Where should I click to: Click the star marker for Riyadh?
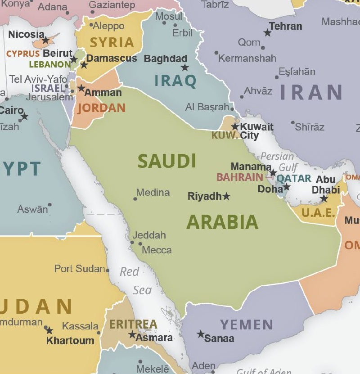pos(226,196)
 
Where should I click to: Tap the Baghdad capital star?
pos(185,68)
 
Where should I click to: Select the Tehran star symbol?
pos(268,33)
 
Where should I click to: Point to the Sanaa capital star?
pos(200,334)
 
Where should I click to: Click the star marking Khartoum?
pos(49,330)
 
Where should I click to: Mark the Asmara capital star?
pos(132,335)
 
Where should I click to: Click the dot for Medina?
pos(135,198)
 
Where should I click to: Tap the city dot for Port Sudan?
pos(108,270)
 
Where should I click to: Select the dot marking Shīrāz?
pos(293,122)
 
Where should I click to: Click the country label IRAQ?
pos(175,81)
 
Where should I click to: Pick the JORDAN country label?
pos(101,108)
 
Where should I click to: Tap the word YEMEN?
pos(247,324)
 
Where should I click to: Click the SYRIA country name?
pos(112,43)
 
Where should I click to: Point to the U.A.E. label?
pos(318,213)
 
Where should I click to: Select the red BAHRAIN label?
pos(239,177)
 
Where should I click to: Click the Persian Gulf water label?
pos(278,162)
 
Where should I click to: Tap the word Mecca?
pos(157,250)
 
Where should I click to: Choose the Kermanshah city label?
pos(247,58)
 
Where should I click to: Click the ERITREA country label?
pos(133,324)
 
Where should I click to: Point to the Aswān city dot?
pos(49,205)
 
